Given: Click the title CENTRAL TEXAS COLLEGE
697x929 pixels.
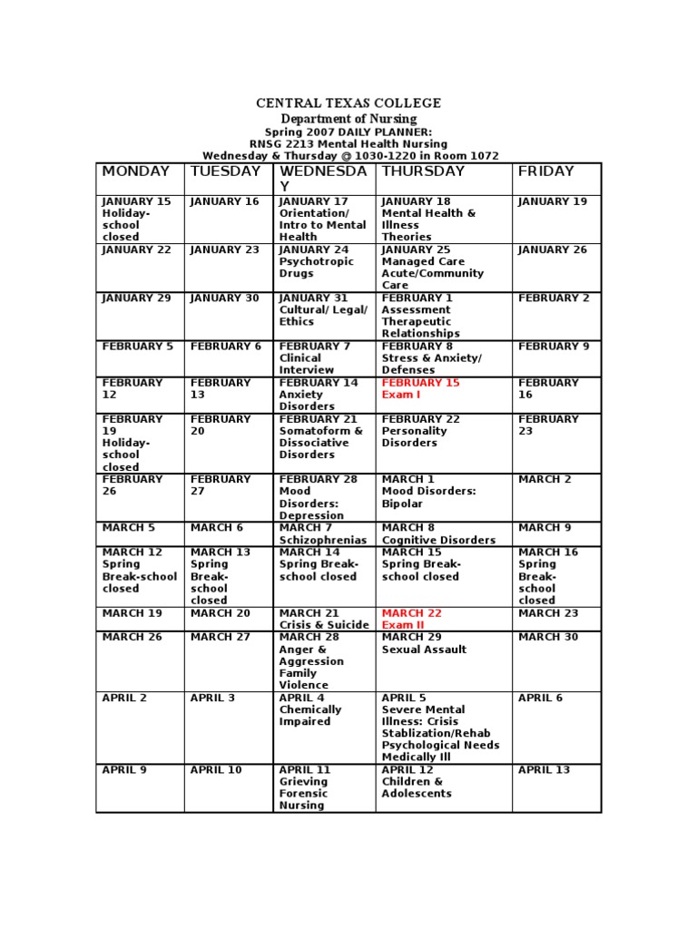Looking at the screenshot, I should [348, 103].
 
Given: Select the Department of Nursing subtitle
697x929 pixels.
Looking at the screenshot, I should [348, 119].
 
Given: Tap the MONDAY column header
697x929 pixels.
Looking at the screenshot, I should [136, 171].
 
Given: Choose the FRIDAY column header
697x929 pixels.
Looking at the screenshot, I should [546, 171].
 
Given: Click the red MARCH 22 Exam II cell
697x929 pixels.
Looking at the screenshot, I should [412, 620].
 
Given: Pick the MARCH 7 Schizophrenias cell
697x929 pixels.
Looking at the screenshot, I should [323, 533].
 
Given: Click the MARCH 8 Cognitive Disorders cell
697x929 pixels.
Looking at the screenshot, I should [438, 533].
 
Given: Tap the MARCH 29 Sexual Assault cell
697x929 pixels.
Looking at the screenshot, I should [424, 643].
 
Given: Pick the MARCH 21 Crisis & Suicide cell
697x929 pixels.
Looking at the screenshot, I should [323, 620].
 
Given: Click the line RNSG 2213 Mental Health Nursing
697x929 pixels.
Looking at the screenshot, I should [348, 143].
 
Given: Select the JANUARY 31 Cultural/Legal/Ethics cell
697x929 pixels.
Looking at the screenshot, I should [323, 309].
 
